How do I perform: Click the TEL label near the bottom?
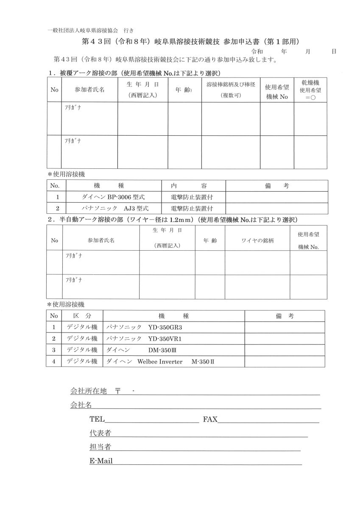(x=97, y=420)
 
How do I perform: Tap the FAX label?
(x=210, y=420)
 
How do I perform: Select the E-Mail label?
(x=101, y=461)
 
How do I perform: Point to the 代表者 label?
(x=100, y=433)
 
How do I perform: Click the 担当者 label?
(x=100, y=447)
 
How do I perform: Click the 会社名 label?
(x=81, y=405)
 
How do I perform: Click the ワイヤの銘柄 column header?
(x=257, y=241)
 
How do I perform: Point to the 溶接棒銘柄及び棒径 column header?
(x=231, y=90)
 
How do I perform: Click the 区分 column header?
(x=82, y=316)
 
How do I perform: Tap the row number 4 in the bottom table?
(x=54, y=361)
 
